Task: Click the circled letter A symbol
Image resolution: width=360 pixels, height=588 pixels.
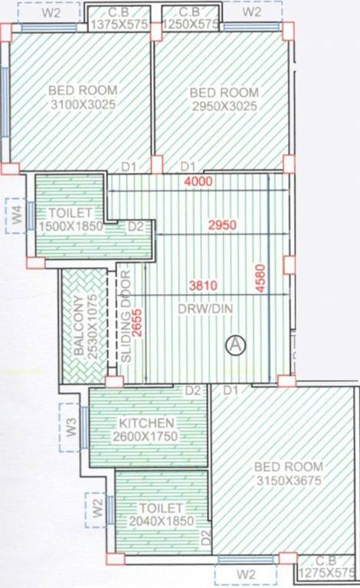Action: pos(236,345)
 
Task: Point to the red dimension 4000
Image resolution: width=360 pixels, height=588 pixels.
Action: pos(198,181)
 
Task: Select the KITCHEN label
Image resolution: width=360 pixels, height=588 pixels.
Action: pos(147,423)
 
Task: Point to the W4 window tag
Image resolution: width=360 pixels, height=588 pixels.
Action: pos(17,215)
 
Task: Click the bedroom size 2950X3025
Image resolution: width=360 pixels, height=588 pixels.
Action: pos(224,106)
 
